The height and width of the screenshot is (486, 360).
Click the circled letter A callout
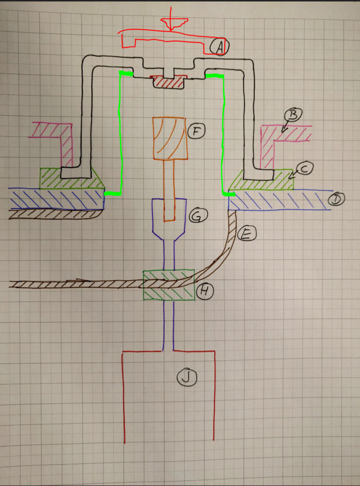[x=219, y=47]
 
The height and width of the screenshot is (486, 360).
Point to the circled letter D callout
[x=336, y=199]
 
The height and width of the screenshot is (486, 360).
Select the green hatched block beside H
[x=168, y=285]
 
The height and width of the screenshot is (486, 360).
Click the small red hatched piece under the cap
[x=168, y=82]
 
